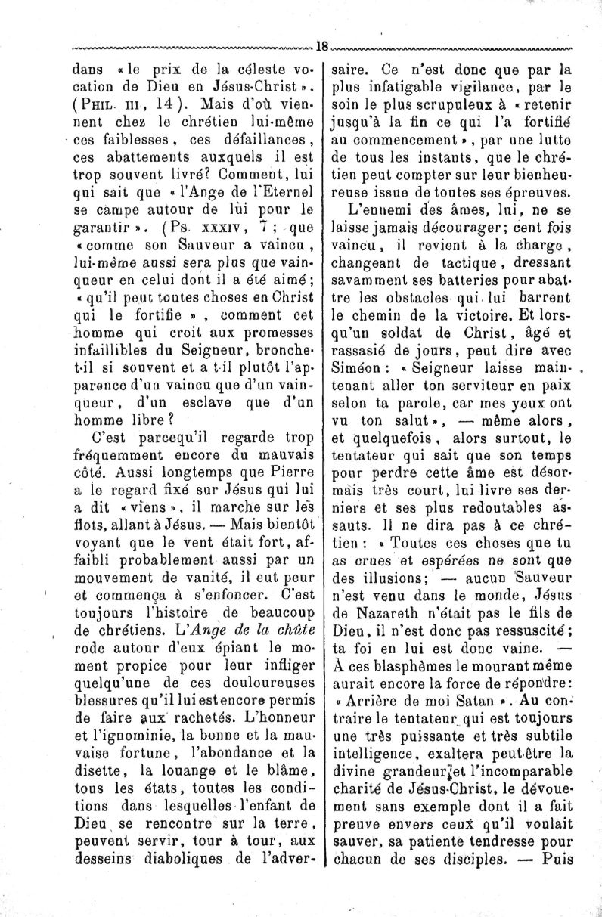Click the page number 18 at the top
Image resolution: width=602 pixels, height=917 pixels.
[321, 45]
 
